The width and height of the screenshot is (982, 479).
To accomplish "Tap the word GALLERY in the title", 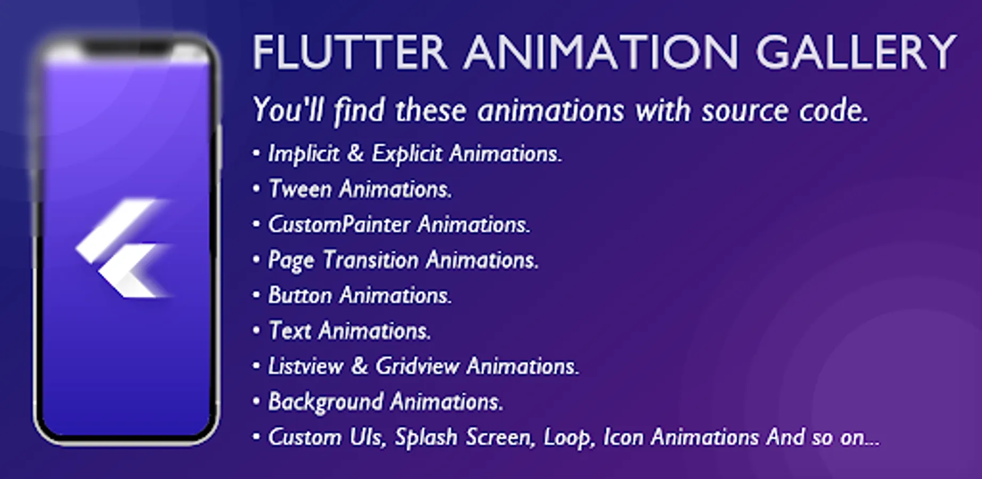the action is (856, 52).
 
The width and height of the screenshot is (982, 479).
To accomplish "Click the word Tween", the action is (300, 189).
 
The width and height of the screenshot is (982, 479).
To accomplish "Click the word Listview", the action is (306, 366).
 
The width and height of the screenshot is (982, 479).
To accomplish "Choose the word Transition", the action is (371, 260).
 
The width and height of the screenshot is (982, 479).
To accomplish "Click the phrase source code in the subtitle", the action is (785, 111).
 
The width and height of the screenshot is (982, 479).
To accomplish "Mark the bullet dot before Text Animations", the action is (256, 331).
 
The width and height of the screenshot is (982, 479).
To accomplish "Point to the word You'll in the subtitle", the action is (288, 111).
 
